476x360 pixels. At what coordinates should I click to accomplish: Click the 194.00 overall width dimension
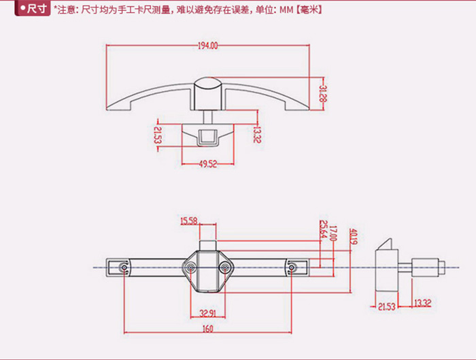[209, 46]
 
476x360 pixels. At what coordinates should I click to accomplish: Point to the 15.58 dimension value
[189, 220]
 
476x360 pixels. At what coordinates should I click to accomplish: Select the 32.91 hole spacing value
[207, 313]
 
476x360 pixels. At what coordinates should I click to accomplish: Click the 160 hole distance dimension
[207, 329]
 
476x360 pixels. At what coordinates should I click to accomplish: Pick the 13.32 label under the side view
[422, 302]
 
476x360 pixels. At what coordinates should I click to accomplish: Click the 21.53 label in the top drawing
[157, 133]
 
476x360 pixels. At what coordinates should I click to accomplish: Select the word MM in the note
[285, 10]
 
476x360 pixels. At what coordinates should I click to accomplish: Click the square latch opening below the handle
[207, 137]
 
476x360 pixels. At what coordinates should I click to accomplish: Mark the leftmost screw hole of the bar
[123, 267]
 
